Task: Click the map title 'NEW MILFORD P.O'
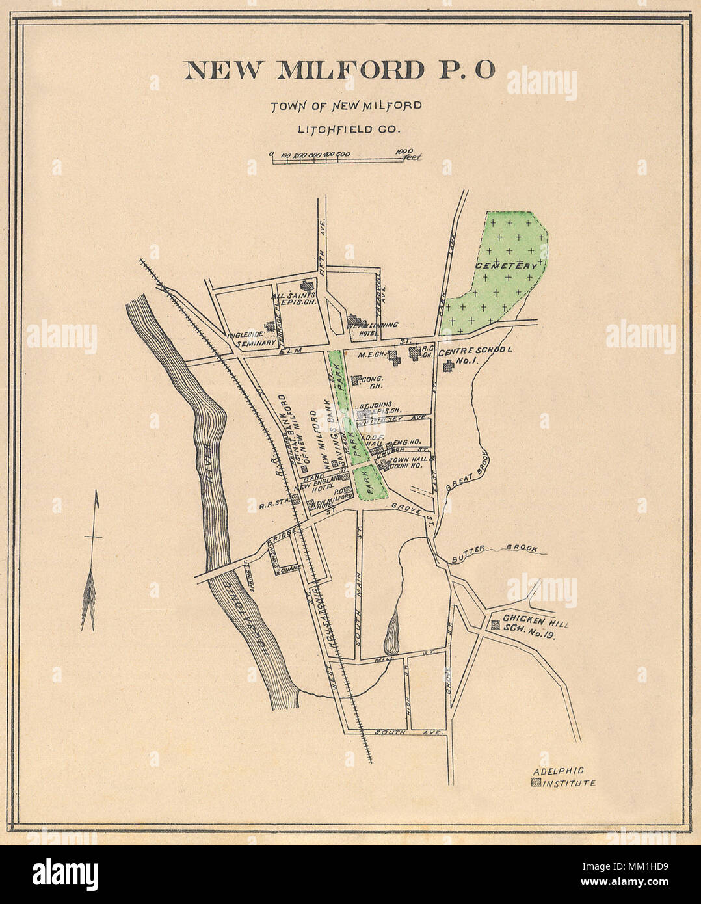(340, 70)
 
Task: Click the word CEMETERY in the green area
(507, 266)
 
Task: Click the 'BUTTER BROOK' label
(496, 549)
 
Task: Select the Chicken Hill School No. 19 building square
(495, 625)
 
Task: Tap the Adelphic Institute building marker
(535, 783)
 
